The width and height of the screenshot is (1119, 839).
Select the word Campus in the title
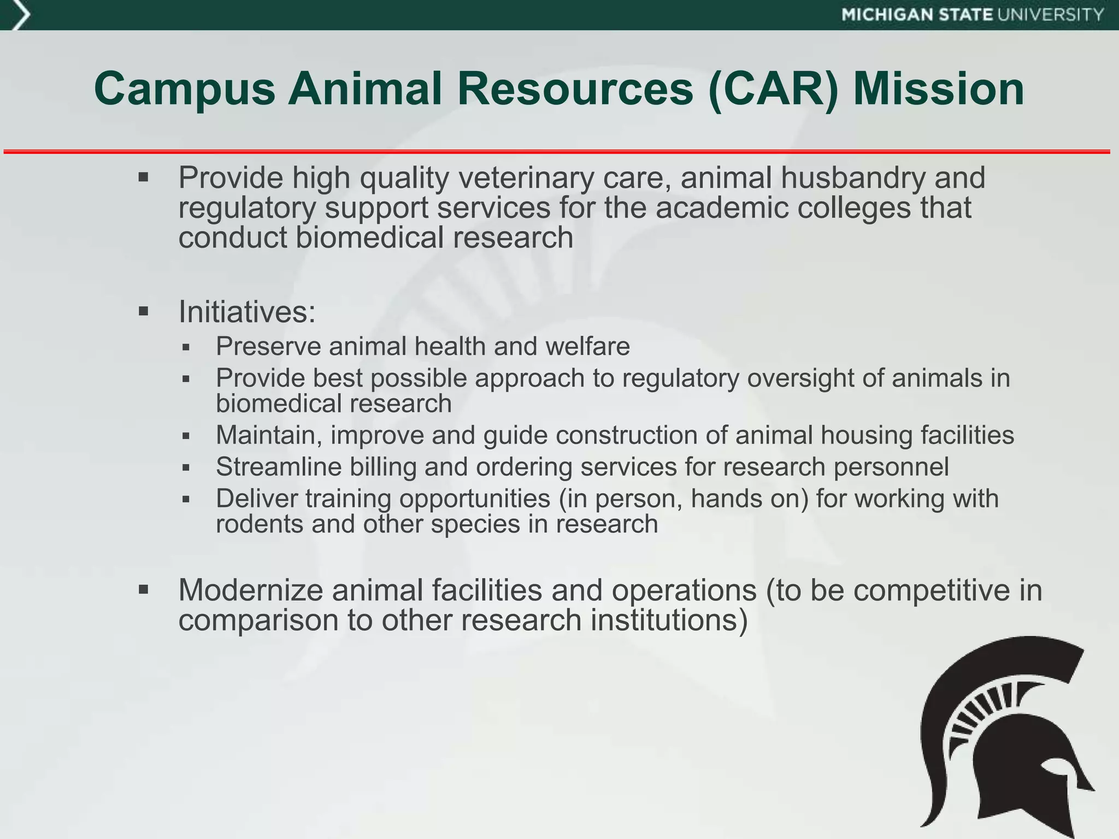pyautogui.click(x=185, y=89)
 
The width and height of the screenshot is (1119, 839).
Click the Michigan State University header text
pyautogui.click(x=973, y=15)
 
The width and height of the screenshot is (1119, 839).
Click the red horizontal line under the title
pyautogui.click(x=557, y=151)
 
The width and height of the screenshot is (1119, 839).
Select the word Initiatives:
pyautogui.click(x=247, y=312)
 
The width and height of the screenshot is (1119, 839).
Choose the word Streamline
pyautogui.click(x=278, y=467)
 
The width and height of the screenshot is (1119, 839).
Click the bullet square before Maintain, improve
pyautogui.click(x=186, y=436)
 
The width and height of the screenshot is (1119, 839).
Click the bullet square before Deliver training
pyautogui.click(x=186, y=499)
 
